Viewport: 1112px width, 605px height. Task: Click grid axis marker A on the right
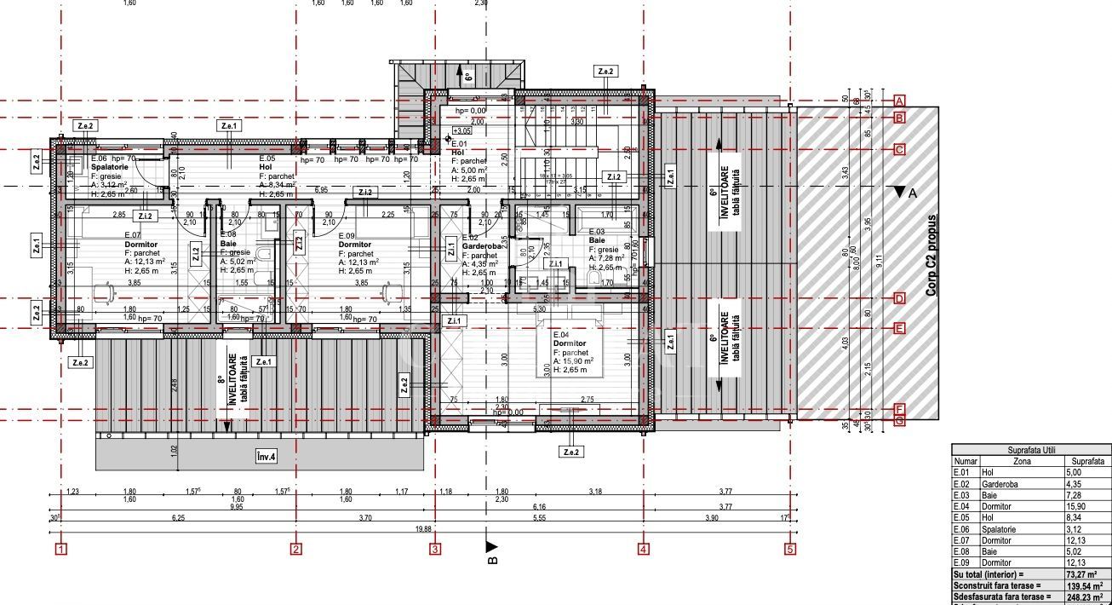tap(899, 101)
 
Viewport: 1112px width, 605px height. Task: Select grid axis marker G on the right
tap(899, 419)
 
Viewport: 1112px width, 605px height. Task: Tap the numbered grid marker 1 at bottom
tap(60, 550)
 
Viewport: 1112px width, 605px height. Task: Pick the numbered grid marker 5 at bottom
tap(789, 550)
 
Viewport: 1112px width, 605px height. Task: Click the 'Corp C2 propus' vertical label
tap(931, 255)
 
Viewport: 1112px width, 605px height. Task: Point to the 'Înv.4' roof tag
tap(267, 457)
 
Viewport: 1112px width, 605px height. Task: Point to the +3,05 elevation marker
tap(461, 131)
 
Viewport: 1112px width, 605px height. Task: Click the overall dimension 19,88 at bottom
tap(423, 529)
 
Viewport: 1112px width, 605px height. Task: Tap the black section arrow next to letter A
tap(899, 193)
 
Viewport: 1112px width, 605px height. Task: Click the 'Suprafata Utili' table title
tap(1030, 448)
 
